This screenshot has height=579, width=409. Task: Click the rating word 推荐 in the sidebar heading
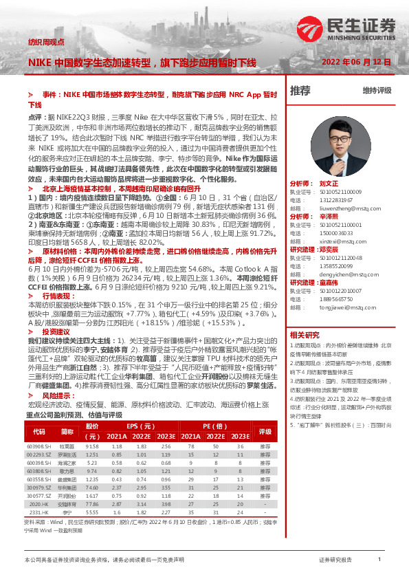coord(300,90)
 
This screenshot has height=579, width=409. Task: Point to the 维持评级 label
coord(377,91)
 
